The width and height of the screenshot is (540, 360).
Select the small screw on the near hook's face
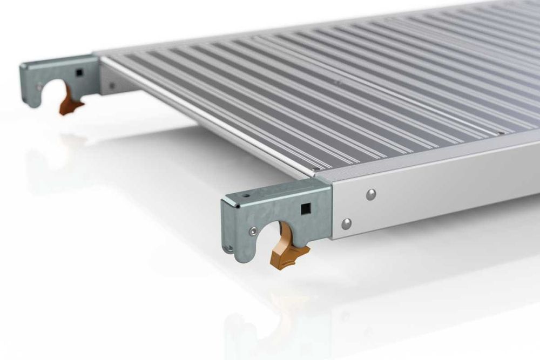tap(253, 232)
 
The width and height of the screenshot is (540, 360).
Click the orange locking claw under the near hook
tap(289, 248)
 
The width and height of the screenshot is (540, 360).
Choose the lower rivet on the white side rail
tap(346, 223)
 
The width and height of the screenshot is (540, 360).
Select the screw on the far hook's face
tap(39, 85)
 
